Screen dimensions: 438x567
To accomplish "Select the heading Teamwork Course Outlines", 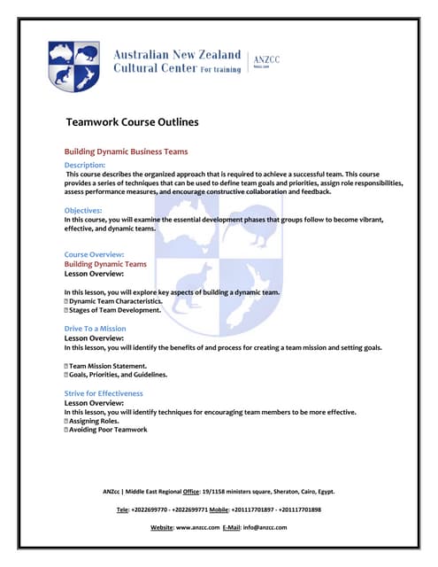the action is (132, 121).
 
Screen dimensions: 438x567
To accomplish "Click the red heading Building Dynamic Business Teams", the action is (126, 151).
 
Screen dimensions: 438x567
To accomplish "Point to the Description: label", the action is (85, 165).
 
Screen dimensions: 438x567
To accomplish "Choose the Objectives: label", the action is (83, 210).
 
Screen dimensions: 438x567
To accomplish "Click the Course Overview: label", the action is (94, 254).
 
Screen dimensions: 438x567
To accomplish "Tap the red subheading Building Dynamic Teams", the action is (105, 264).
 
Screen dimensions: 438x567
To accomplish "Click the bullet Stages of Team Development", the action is (114, 311).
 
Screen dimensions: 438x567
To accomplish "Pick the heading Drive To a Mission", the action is (95, 329).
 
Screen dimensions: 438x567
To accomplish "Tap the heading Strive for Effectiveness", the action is (104, 393).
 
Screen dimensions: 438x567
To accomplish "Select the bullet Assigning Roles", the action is (96, 421).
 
